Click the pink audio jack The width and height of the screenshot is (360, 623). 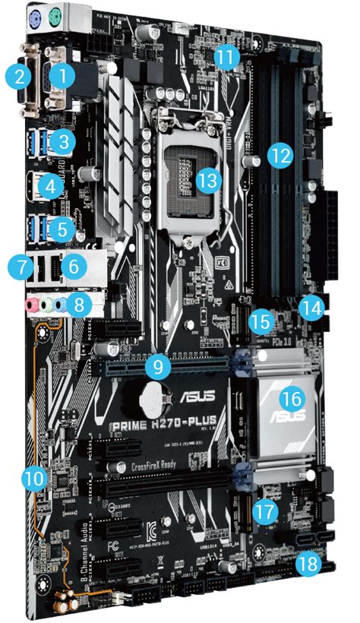coord(32,306)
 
